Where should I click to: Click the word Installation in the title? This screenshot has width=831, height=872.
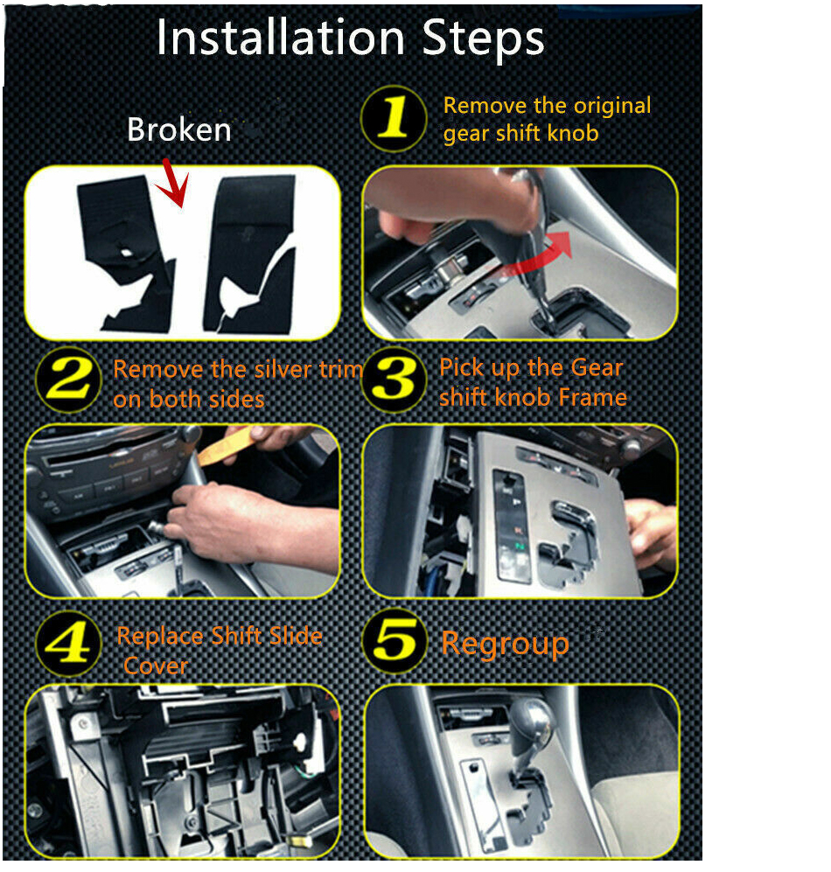tap(281, 38)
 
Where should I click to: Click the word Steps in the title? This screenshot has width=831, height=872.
tap(483, 39)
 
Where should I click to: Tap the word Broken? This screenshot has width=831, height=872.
tap(179, 129)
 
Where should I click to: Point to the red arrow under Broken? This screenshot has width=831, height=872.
tap(173, 184)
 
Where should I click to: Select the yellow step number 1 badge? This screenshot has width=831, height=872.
tap(394, 118)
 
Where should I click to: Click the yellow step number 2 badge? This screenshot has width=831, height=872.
tap(69, 380)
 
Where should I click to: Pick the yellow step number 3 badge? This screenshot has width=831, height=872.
tap(394, 380)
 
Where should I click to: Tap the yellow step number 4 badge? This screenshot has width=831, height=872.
tap(69, 644)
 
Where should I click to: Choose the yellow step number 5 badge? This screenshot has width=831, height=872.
tap(395, 641)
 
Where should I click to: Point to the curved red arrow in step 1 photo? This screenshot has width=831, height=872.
tap(534, 255)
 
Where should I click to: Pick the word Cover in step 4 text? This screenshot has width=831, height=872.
tap(156, 666)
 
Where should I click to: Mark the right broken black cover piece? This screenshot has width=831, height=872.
tap(249, 255)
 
